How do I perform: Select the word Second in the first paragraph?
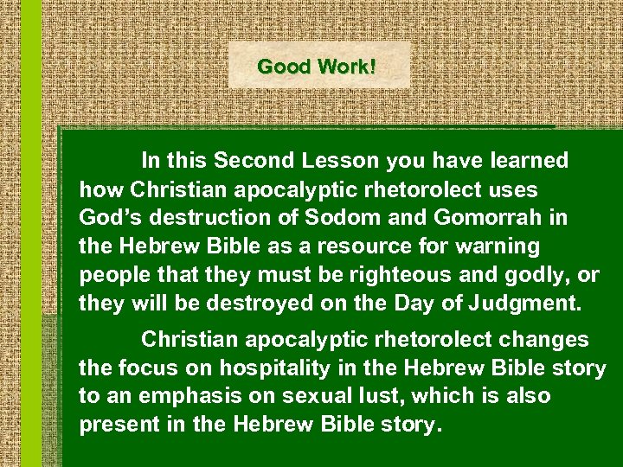254,160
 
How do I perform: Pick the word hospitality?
262,368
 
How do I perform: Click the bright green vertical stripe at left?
30,233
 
